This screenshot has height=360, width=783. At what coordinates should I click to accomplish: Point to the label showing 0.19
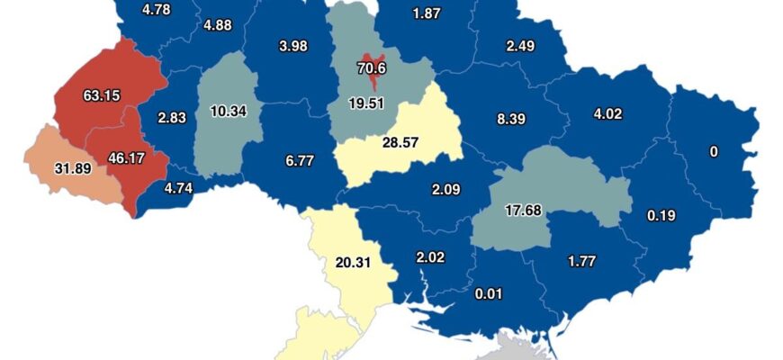coord(661,215)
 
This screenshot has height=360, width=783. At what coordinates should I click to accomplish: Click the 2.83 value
coord(171,118)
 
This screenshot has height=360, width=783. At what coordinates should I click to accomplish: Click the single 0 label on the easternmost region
coord(714,152)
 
